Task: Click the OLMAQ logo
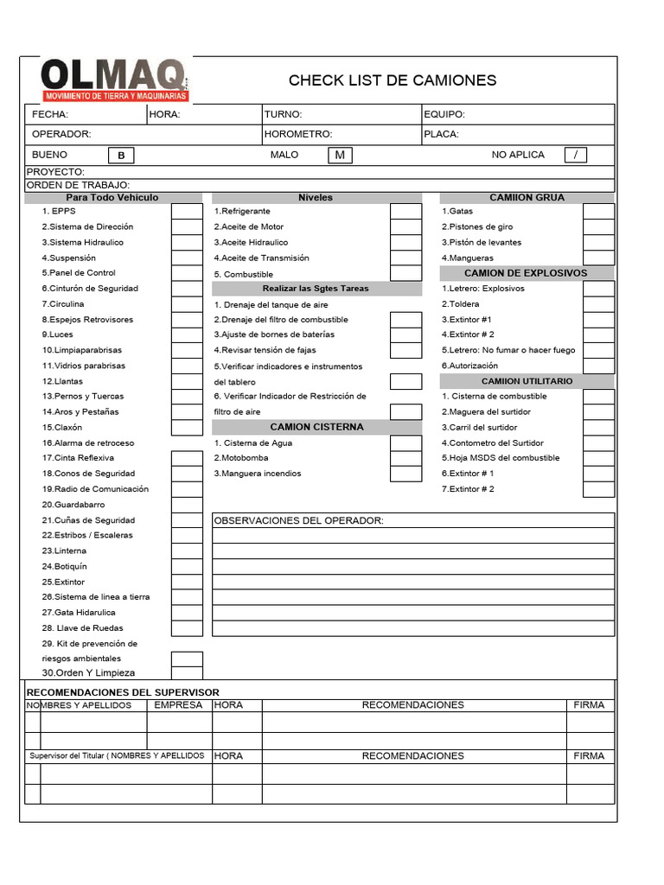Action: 115,80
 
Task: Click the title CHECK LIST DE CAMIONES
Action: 393,80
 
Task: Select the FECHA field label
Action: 50,114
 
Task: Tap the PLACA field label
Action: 441,134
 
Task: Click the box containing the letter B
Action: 121,156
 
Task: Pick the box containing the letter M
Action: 340,155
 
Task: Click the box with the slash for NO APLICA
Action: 575,155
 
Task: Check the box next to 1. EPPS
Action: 187,212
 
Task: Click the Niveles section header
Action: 316,198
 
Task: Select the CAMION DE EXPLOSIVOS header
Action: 526,273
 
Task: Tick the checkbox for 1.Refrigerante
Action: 405,212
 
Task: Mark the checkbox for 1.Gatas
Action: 598,212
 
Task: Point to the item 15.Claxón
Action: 61,428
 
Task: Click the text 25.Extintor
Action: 63,582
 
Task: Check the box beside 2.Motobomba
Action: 405,458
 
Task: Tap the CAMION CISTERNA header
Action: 316,427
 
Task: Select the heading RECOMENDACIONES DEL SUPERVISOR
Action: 123,692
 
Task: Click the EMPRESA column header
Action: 178,705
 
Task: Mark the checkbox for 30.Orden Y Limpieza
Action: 187,673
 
